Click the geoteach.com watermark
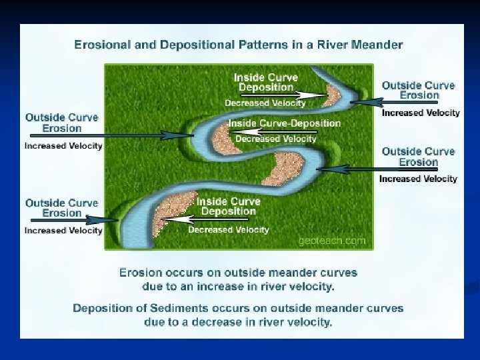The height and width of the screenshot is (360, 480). (332, 241)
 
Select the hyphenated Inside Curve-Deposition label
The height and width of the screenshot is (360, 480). (285, 123)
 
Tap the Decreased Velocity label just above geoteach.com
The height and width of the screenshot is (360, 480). (229, 230)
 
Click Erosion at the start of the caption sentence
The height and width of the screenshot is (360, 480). (141, 273)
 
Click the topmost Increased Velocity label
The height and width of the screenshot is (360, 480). (421, 113)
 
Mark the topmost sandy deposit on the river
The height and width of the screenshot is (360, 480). (331, 93)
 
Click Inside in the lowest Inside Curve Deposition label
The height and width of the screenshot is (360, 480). (212, 201)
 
